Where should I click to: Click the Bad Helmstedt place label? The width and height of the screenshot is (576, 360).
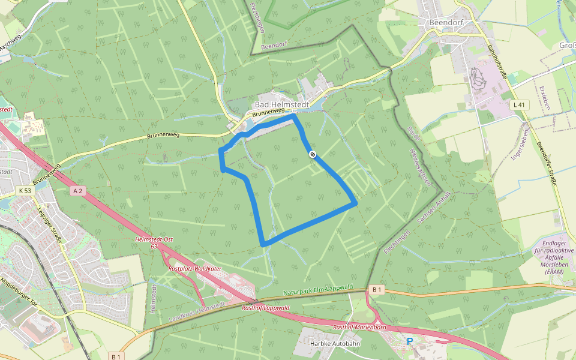coord(282,104)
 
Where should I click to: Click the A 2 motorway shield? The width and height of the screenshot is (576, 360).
coord(77,191)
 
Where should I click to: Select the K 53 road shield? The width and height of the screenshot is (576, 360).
coord(25,191)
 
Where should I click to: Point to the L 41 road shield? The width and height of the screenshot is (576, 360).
coord(519,105)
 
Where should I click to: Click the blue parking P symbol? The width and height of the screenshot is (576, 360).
coord(410,341)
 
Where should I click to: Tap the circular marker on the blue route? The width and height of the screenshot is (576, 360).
coord(313,154)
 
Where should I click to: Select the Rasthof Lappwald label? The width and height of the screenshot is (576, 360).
coord(266,308)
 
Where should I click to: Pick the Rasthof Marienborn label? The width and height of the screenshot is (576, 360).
coord(359,327)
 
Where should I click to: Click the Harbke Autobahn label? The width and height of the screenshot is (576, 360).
coord(336,344)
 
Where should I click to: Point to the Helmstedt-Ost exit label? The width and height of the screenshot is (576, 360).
coord(155,239)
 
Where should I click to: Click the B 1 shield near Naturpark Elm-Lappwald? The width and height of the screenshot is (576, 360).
coord(376,290)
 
